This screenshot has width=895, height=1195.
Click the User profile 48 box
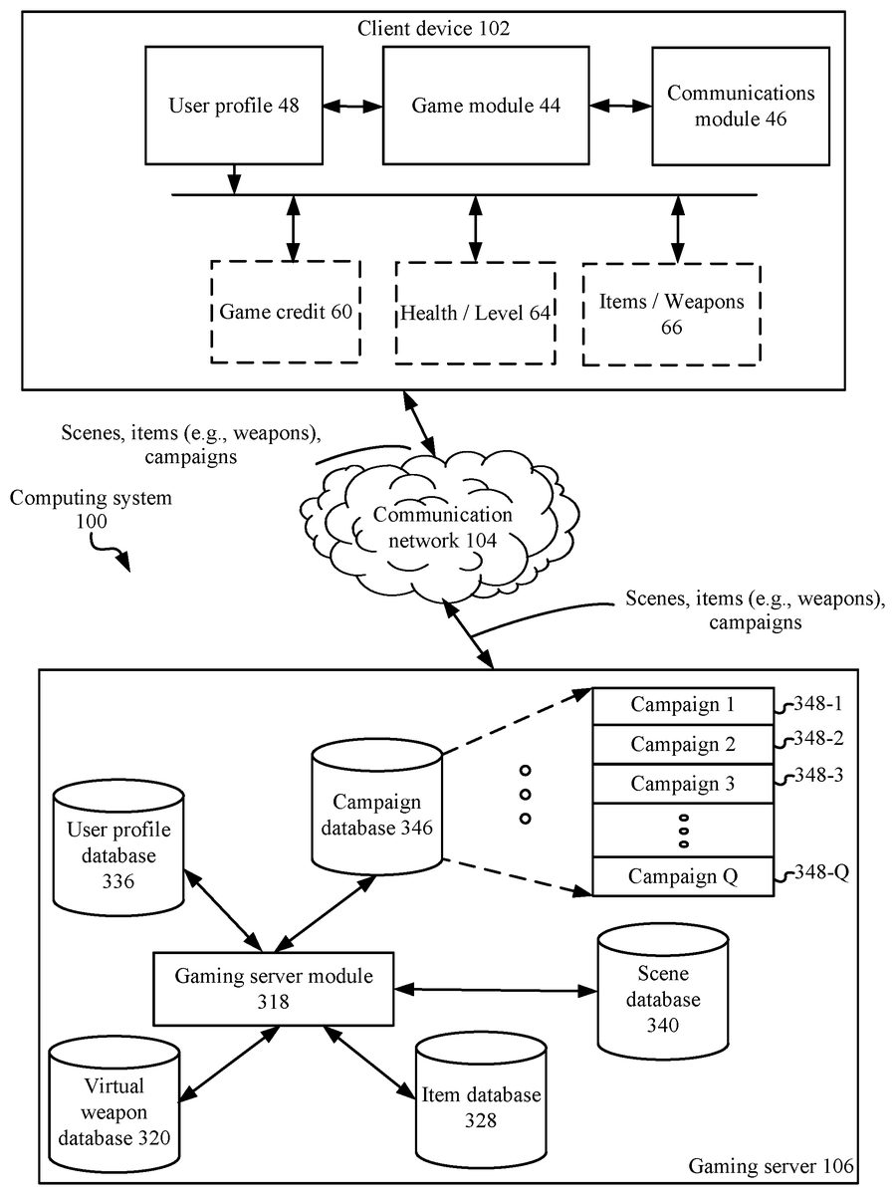[x=235, y=105]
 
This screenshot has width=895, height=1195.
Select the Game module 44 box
[x=486, y=105]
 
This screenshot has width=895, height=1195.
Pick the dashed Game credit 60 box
[x=285, y=312]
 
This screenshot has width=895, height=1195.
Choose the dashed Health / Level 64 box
[x=475, y=312]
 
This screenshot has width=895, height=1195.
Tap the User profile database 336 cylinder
[x=118, y=846]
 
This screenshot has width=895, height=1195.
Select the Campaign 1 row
[x=682, y=705]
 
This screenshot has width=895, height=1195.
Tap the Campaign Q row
[x=682, y=876]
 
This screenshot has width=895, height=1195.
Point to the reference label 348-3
[x=819, y=776]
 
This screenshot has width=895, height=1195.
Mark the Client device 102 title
[x=433, y=28]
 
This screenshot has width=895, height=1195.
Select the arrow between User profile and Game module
[x=353, y=103]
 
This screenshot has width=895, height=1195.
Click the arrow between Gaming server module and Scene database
[x=496, y=989]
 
